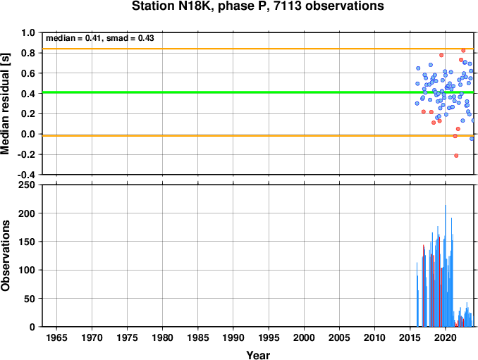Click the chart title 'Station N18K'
tap(170, 6)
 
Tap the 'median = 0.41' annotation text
tap(73, 38)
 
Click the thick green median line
tap(258, 92)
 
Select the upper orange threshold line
tap(258, 49)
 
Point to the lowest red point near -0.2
tap(456, 156)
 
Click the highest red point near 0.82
tap(463, 51)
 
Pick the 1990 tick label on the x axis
tap(233, 337)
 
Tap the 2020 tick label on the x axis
tap(446, 337)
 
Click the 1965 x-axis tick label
tap(56, 337)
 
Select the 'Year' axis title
tap(258, 355)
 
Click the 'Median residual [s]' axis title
tap(5, 104)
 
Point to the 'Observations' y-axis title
tap(5, 256)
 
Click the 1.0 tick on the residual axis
tap(28, 32)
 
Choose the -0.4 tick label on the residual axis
tap(26, 175)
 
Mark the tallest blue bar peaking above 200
tap(446, 266)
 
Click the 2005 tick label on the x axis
tap(339, 337)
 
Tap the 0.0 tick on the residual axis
tap(28, 135)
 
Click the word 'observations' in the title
tap(345, 6)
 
